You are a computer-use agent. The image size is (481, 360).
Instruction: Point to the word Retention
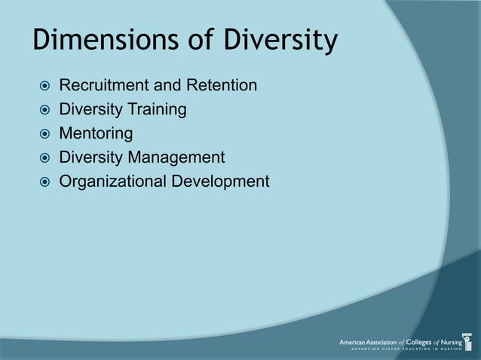(x=225, y=87)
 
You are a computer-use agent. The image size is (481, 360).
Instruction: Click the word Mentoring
(x=96, y=134)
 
